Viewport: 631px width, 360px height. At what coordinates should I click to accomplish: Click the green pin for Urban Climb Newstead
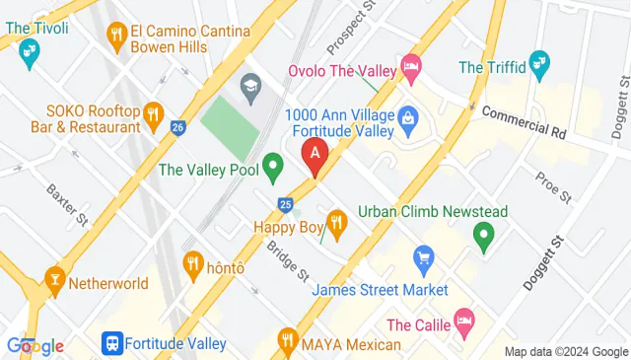[483, 235]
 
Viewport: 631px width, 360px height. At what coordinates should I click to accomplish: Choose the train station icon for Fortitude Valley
[111, 344]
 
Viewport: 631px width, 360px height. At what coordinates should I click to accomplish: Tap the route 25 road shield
[285, 204]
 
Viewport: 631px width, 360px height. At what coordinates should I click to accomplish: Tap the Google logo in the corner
[35, 345]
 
